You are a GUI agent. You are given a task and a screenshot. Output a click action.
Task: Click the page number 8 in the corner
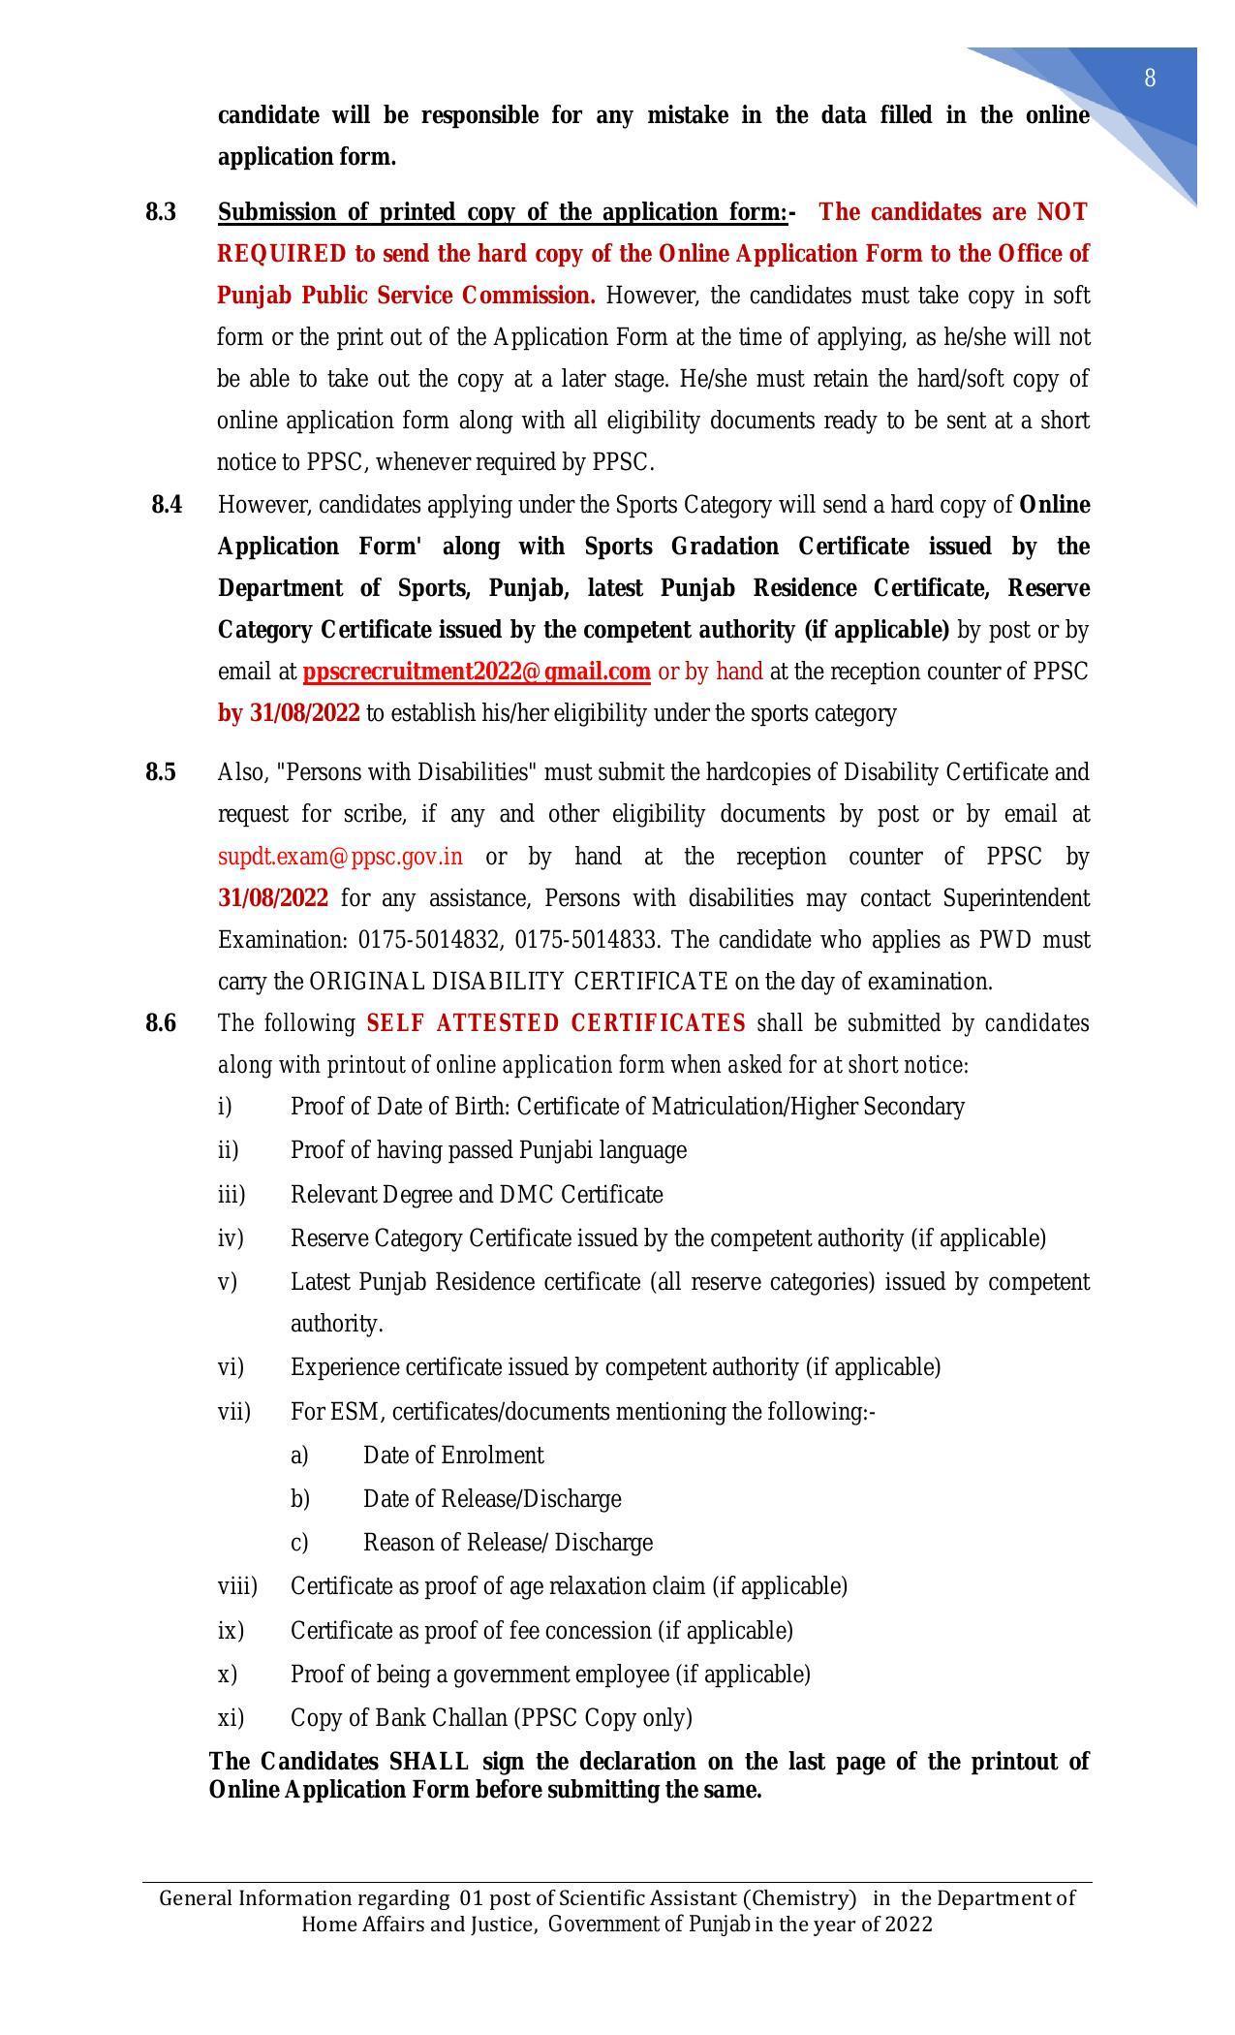point(1150,78)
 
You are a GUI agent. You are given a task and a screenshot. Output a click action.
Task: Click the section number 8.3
point(161,212)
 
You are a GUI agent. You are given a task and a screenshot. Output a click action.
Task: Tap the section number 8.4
point(167,505)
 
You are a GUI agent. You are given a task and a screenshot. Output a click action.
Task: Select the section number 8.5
point(161,772)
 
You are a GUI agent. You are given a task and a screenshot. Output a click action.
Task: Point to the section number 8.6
point(161,1023)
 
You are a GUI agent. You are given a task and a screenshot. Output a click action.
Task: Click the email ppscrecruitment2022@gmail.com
point(476,672)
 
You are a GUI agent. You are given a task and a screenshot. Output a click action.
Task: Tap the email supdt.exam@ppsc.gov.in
point(340,857)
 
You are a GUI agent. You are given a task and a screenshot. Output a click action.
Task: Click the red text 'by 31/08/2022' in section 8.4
point(289,713)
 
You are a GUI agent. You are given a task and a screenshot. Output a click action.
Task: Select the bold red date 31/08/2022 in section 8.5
point(273,898)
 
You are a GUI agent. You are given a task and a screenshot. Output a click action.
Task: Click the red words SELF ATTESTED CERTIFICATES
point(556,1023)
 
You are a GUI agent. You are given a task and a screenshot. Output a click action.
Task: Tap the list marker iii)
point(232,1195)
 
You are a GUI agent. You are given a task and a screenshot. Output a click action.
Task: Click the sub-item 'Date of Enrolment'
point(453,1456)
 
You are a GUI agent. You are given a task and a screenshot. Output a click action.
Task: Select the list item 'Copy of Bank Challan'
point(491,1718)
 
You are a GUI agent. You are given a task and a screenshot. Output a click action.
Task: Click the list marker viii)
point(237,1586)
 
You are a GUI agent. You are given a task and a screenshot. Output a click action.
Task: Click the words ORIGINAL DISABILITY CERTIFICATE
point(517,982)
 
